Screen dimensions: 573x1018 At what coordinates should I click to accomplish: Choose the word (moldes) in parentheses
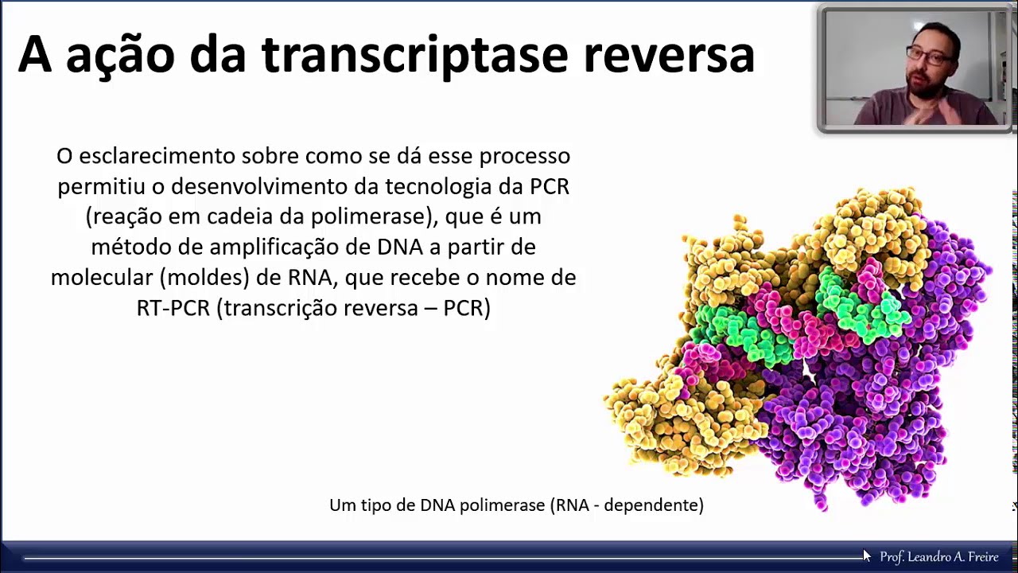click(189, 277)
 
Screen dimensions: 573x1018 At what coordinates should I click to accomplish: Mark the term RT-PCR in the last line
click(172, 307)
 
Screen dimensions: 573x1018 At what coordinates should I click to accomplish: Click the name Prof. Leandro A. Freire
click(938, 557)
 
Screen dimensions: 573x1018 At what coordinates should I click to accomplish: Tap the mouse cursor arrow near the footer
click(866, 555)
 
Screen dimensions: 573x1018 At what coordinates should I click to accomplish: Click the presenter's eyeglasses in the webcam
click(928, 56)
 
